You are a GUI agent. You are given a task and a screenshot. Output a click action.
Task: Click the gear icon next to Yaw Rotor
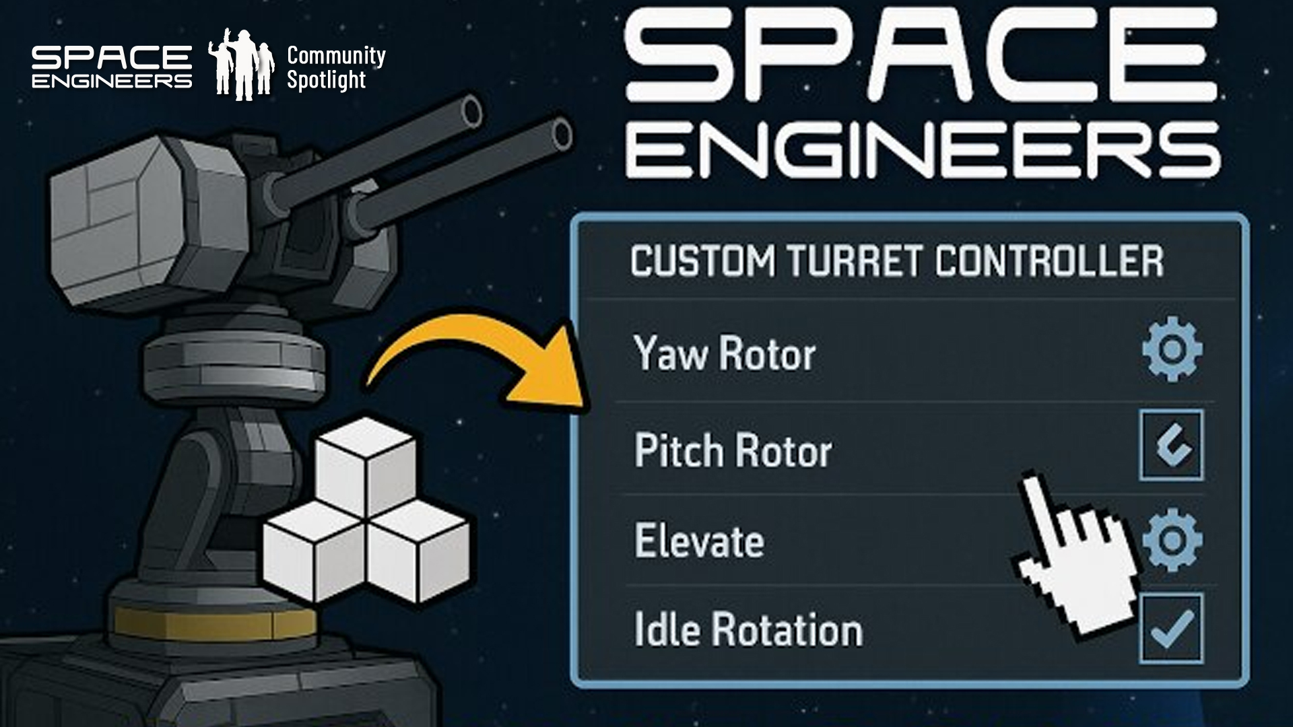pos(1172,349)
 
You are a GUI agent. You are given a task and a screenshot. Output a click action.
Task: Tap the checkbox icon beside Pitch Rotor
pos(1171,445)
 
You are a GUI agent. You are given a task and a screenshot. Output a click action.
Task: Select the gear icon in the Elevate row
pos(1172,540)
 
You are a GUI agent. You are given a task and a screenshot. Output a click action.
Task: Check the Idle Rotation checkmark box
pos(1171,629)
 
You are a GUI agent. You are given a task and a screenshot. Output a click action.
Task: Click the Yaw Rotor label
pos(725,353)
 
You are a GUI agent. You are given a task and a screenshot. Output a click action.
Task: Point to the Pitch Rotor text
pos(733,450)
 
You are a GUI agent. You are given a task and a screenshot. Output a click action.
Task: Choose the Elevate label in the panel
pos(699,541)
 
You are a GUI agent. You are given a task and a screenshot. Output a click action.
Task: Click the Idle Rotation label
pos(748,630)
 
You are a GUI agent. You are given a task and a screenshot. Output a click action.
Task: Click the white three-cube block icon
pos(366,512)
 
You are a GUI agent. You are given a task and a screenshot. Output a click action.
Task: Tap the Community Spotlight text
pos(335,67)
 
